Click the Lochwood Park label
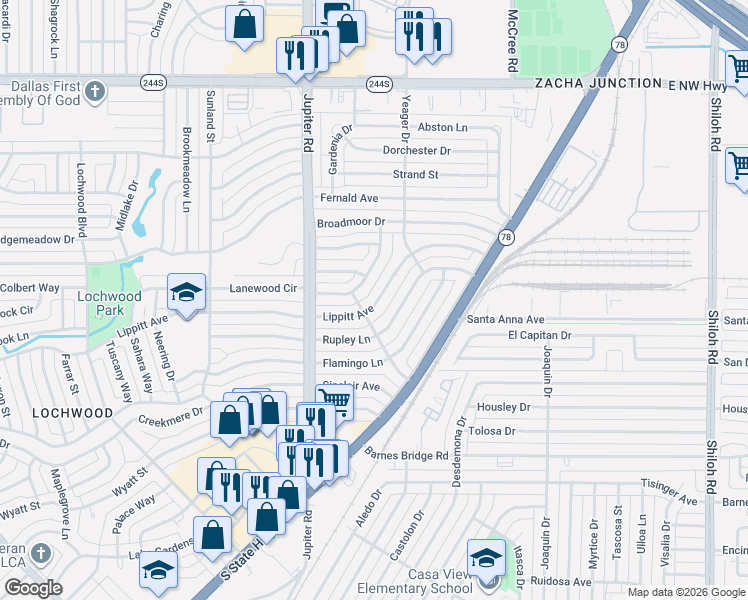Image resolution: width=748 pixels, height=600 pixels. click(111, 303)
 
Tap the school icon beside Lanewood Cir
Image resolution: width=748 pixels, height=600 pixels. click(186, 292)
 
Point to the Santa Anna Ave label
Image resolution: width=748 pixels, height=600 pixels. click(505, 319)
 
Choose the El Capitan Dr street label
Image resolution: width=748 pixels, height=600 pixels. click(539, 336)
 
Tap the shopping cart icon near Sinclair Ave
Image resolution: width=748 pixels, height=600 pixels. click(335, 402)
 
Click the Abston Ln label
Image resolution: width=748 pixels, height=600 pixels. click(442, 127)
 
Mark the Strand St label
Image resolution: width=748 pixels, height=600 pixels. click(415, 175)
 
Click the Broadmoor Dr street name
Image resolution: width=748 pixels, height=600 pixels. click(351, 223)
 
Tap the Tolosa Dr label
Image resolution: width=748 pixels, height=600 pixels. click(490, 431)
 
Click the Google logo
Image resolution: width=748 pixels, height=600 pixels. click(33, 587)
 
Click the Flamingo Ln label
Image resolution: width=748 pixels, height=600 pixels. click(352, 363)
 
